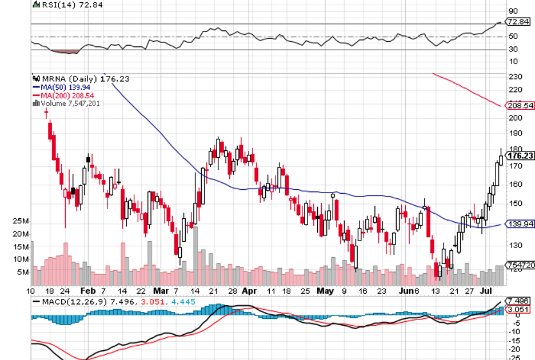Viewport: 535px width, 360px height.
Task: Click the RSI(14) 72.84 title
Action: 58,4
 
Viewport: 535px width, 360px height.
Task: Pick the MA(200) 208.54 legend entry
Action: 60,95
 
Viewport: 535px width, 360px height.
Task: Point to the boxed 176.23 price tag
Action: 521,155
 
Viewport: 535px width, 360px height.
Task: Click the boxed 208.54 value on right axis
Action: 521,106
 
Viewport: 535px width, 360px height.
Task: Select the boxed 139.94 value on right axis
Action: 521,223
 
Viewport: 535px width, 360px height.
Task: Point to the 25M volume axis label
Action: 21,221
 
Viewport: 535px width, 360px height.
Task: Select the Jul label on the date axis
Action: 485,290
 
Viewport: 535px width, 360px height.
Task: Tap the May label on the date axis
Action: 325,290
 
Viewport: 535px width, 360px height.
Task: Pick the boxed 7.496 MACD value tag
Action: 520,301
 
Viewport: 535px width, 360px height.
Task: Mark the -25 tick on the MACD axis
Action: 514,358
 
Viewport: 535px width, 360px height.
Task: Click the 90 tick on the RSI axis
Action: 514,11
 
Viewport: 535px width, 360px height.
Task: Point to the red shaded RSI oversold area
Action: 65,51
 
